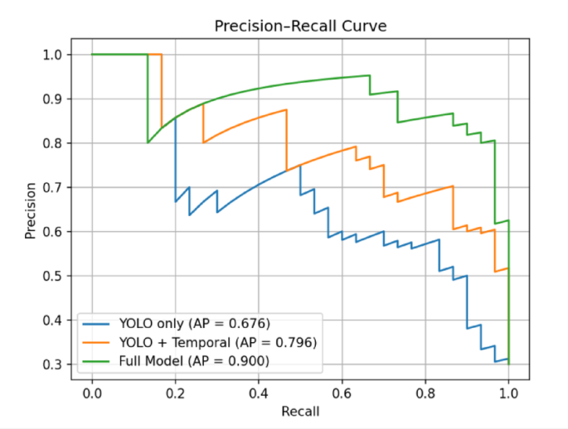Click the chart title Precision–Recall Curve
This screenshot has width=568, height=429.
click(300, 27)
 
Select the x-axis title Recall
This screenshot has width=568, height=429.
click(300, 411)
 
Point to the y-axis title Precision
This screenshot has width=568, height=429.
click(31, 210)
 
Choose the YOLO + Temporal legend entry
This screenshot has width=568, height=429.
click(219, 341)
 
